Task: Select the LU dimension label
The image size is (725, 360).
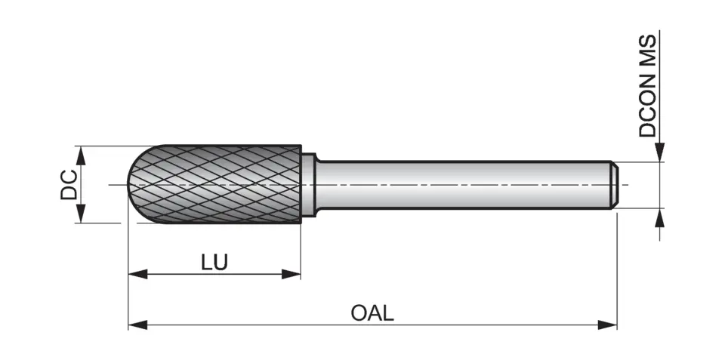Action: [x=214, y=262]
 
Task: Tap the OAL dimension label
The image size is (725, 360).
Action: [x=372, y=312]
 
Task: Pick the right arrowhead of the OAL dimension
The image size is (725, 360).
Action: [x=608, y=325]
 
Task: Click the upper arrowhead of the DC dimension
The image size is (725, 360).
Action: [x=80, y=155]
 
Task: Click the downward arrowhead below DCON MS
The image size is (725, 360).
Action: [x=660, y=152]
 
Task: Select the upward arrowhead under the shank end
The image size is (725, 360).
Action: [x=660, y=217]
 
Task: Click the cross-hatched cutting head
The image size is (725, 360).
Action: [x=219, y=184]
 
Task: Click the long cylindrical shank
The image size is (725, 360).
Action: [x=461, y=184]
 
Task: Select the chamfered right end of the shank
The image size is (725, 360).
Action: [x=615, y=184]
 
